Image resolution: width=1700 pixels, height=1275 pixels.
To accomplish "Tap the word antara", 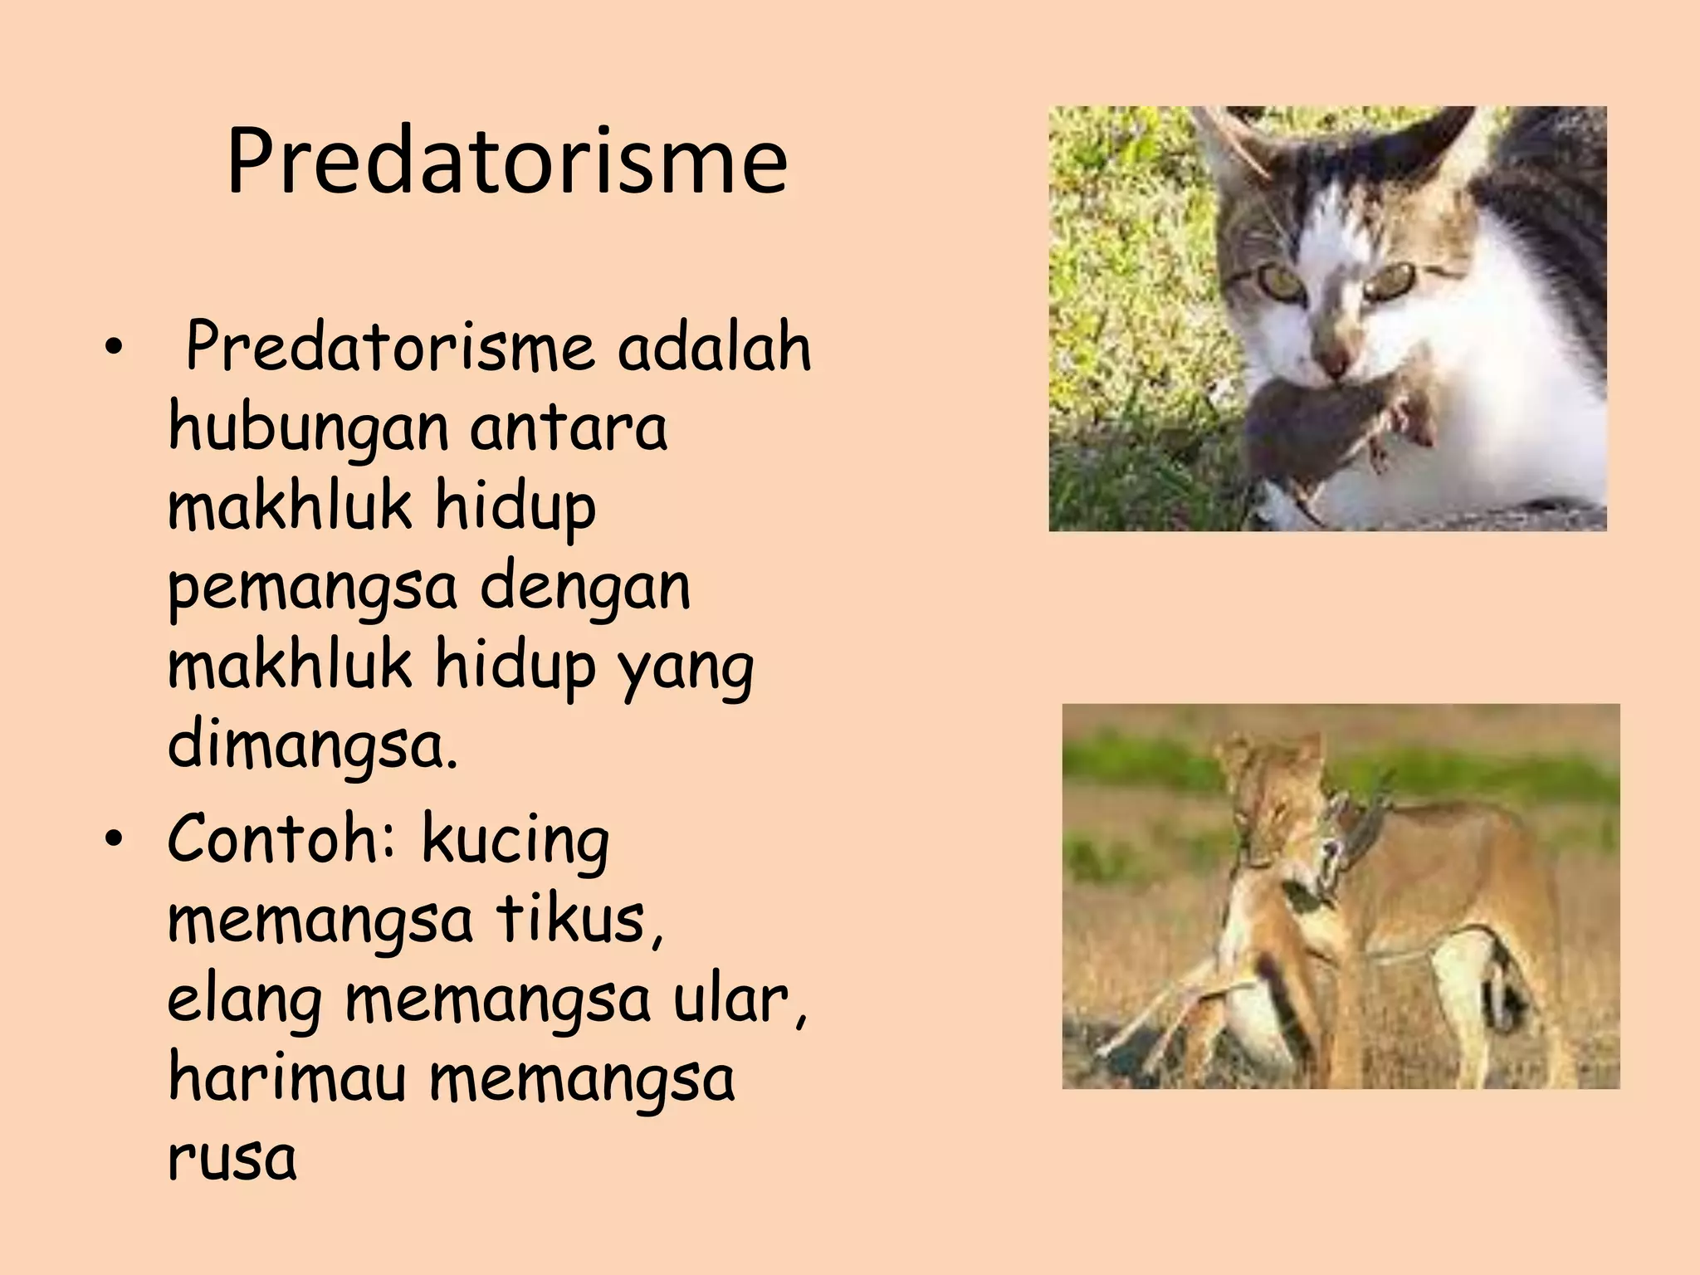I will pyautogui.click(x=569, y=428).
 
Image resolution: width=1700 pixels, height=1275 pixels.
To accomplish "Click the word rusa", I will pyautogui.click(x=232, y=1159).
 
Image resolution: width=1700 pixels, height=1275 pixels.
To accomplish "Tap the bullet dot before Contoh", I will pyautogui.click(x=114, y=840).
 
